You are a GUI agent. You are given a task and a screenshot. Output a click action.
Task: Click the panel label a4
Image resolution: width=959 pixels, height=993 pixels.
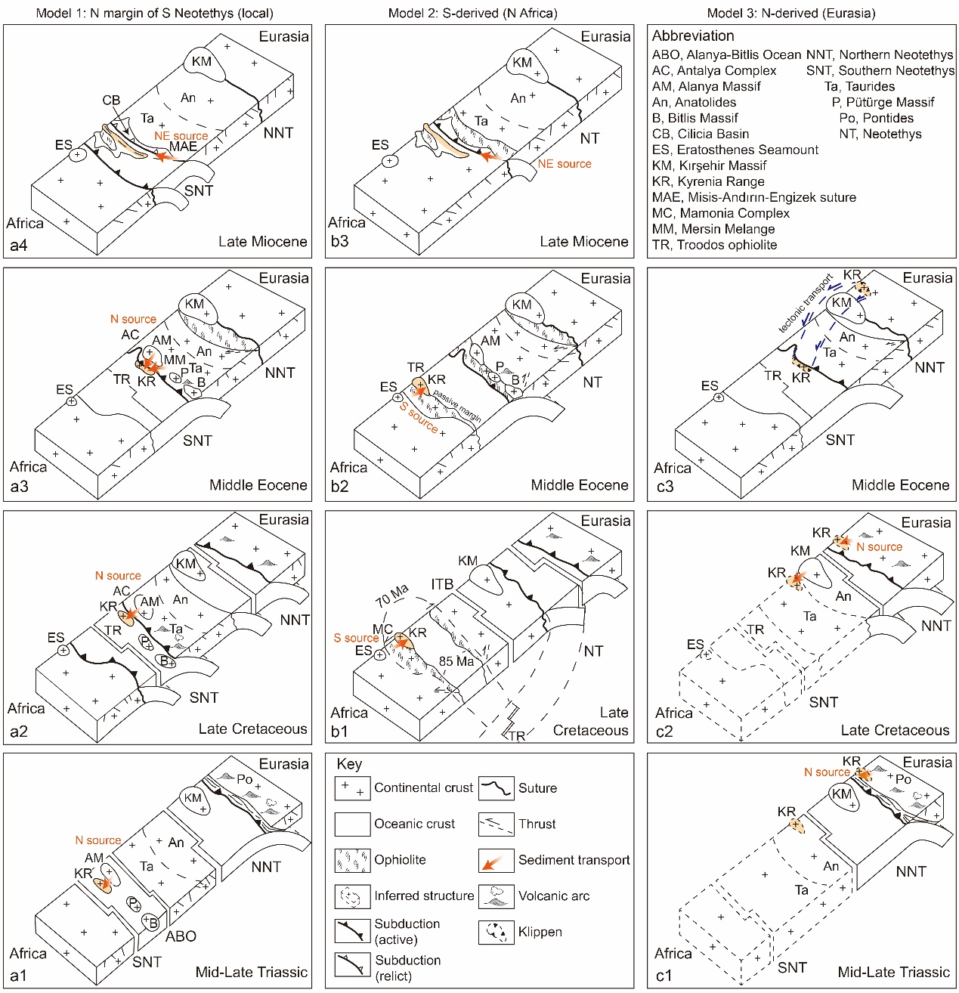pyautogui.click(x=18, y=245)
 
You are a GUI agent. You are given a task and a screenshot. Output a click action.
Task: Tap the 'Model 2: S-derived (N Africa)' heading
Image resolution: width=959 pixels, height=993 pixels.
pyautogui.click(x=472, y=13)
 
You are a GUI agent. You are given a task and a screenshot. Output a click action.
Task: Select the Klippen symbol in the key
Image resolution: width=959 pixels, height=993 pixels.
pyautogui.click(x=496, y=932)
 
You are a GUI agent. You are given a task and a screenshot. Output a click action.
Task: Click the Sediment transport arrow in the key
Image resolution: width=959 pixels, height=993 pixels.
pyautogui.click(x=496, y=860)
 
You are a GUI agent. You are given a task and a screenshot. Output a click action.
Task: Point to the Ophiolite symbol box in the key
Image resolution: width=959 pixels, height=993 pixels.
pyautogui.click(x=352, y=860)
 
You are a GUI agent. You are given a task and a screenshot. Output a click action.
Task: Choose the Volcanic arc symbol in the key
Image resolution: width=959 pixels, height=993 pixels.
pyautogui.click(x=496, y=896)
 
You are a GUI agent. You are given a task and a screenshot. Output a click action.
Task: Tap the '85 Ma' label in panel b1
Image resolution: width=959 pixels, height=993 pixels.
pyautogui.click(x=456, y=661)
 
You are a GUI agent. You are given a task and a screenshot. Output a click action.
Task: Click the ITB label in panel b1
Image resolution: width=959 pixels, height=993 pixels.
pyautogui.click(x=442, y=584)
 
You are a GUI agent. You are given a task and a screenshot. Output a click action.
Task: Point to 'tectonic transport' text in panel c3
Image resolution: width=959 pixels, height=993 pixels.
pyautogui.click(x=806, y=303)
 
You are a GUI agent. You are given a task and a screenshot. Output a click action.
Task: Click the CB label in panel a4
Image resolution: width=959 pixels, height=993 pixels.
pyautogui.click(x=111, y=101)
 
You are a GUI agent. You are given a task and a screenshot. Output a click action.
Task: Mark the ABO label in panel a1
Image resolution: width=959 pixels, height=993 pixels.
pyautogui.click(x=181, y=936)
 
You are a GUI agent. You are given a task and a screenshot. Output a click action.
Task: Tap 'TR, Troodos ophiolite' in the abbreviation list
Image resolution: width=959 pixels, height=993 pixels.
pyautogui.click(x=714, y=245)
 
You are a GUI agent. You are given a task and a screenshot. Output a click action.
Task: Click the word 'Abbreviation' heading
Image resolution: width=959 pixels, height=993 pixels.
pyautogui.click(x=693, y=36)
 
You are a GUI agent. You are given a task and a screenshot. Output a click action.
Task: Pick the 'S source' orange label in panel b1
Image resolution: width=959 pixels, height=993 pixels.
pyautogui.click(x=356, y=638)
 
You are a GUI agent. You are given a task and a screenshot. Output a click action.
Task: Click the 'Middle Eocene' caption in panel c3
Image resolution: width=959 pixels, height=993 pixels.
pyautogui.click(x=900, y=485)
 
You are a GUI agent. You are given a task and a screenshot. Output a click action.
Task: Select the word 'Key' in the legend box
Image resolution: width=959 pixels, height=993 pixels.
pyautogui.click(x=349, y=764)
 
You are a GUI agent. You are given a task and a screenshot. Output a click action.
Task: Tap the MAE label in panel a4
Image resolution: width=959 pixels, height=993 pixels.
pyautogui.click(x=183, y=147)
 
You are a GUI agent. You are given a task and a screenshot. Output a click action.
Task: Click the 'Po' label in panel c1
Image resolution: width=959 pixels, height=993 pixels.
pyautogui.click(x=903, y=779)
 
